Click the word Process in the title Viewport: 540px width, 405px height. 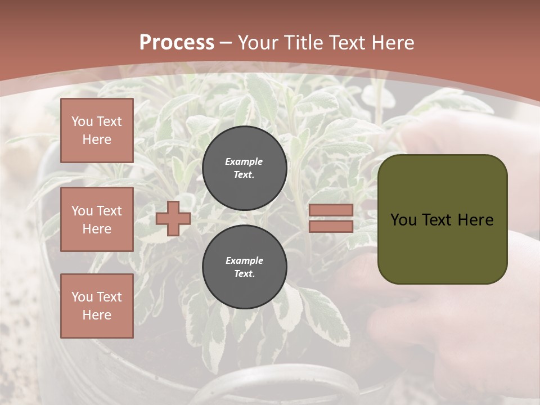point(177,43)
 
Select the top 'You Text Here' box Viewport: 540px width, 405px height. point(97,130)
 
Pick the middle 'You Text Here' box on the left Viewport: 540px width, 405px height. point(97,219)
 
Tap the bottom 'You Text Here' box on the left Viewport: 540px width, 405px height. point(97,305)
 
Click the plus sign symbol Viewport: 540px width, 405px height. point(173,218)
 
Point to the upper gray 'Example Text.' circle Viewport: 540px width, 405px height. point(244,168)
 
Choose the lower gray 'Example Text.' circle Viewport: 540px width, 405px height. point(244,267)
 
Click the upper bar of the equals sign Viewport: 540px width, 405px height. point(331,210)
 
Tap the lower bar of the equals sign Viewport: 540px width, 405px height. point(331,226)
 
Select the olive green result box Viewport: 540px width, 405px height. point(442,219)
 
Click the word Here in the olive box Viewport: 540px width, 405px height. point(475,220)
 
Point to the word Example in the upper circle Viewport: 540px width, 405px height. point(244,161)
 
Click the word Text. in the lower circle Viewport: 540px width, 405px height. point(244,274)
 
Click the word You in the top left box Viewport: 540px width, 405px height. point(82,121)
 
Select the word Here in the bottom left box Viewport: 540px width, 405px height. point(97,315)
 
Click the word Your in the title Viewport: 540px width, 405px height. point(256,43)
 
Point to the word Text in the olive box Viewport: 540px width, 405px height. point(436,220)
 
